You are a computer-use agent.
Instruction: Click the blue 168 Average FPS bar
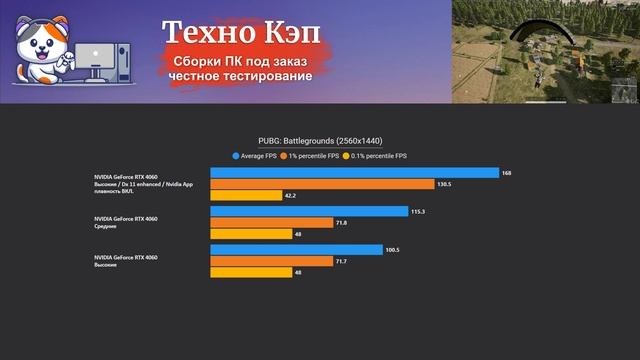coord(354,173)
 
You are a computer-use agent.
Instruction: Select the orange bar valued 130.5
coord(322,184)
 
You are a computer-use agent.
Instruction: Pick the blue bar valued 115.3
coord(309,211)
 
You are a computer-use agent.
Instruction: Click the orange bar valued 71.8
coord(271,222)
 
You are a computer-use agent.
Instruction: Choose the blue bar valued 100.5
coord(296,249)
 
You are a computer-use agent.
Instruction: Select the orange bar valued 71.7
coord(271,261)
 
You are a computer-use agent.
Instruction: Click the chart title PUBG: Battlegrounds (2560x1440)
coord(320,141)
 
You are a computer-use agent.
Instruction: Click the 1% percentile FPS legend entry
coord(314,156)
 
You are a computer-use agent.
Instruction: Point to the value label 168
coord(507,173)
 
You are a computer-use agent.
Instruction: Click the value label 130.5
coord(446,184)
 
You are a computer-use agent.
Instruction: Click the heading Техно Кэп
coord(242,34)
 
